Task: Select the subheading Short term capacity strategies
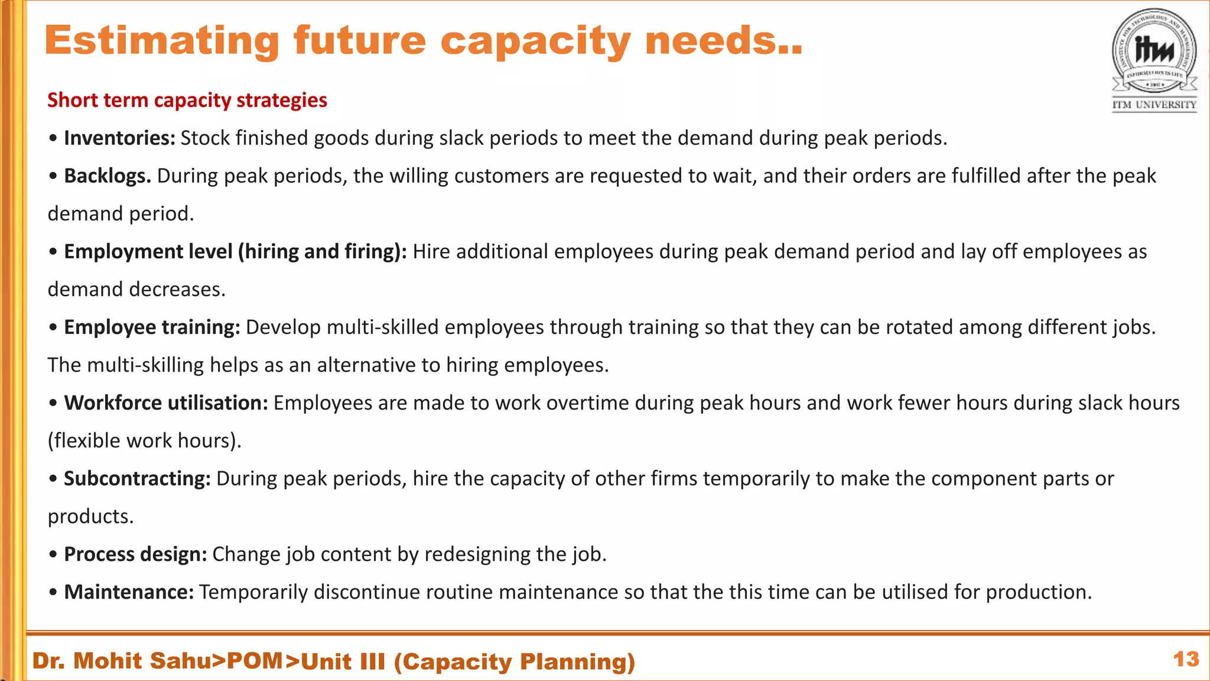pyautogui.click(x=187, y=100)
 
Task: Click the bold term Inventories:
pyautogui.click(x=119, y=138)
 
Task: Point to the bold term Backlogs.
pyautogui.click(x=108, y=176)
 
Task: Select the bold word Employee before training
pyautogui.click(x=110, y=327)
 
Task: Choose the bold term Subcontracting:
pyautogui.click(x=137, y=479)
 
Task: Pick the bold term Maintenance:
pyautogui.click(x=129, y=592)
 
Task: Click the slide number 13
pyautogui.click(x=1186, y=660)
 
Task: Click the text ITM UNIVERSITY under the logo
pyautogui.click(x=1154, y=105)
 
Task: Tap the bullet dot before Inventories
pyautogui.click(x=53, y=139)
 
